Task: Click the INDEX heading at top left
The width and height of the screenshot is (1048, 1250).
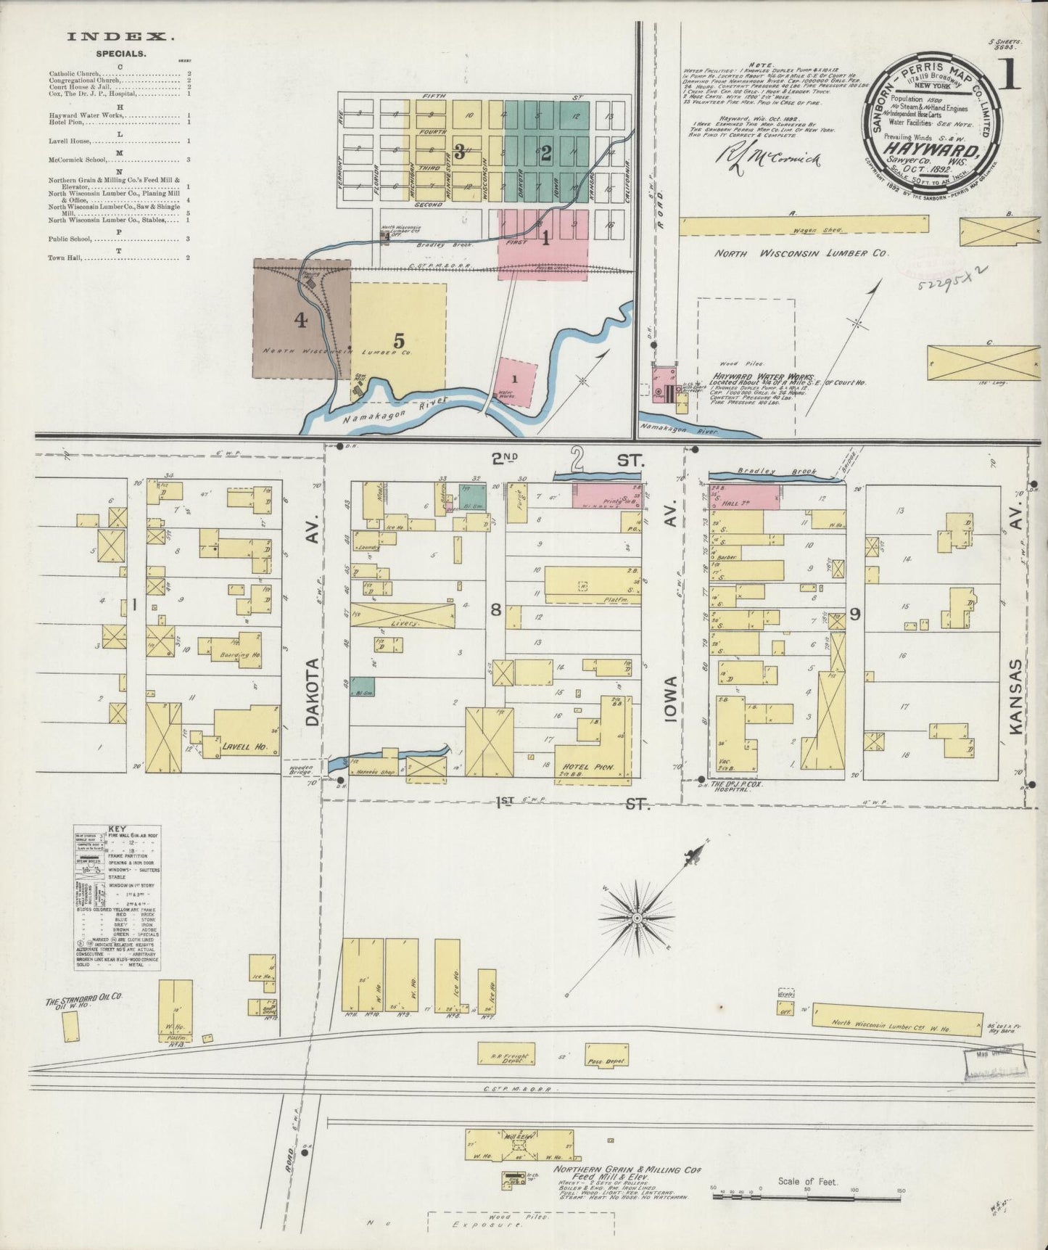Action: (x=121, y=36)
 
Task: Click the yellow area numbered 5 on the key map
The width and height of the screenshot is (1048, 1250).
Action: (x=398, y=339)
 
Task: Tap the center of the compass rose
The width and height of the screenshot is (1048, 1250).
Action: (x=637, y=918)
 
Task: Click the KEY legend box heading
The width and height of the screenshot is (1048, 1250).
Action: (x=116, y=828)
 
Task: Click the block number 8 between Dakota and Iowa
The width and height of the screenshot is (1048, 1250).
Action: (x=496, y=610)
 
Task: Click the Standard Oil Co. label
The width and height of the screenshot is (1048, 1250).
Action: (x=84, y=1001)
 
